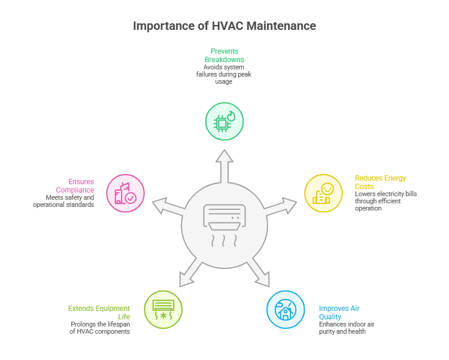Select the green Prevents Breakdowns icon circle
[x=224, y=121]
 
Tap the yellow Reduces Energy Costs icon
[x=323, y=193]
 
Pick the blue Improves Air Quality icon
[x=285, y=309]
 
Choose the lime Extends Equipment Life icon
[x=163, y=309]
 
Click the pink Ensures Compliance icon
[x=126, y=193]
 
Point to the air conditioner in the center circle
[x=224, y=216]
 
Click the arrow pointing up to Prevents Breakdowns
[x=224, y=164]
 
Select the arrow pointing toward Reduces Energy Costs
[x=278, y=207]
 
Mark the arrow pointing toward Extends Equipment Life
[x=190, y=273]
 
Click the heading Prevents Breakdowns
[x=224, y=56]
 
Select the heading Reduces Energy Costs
[x=380, y=182]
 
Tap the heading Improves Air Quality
[x=338, y=313]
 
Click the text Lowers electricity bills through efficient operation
[x=385, y=201]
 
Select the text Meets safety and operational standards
[x=64, y=201]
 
